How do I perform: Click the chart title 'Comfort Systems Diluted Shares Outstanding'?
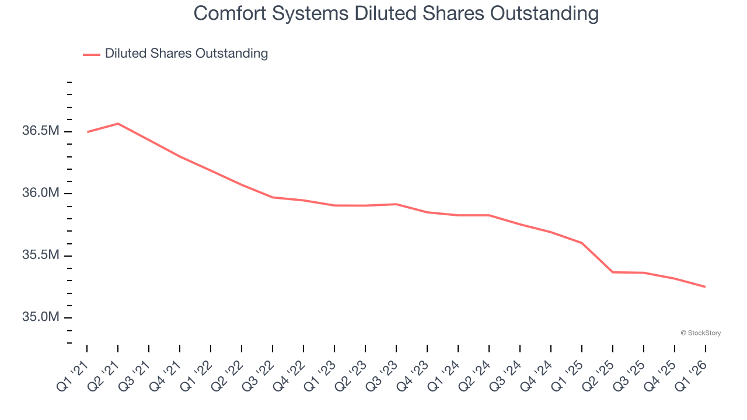[x=396, y=13]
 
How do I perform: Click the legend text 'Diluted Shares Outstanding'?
[x=186, y=54]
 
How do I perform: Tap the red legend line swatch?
[x=92, y=54]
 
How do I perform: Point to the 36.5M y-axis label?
[x=41, y=131]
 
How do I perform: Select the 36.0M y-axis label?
[x=41, y=193]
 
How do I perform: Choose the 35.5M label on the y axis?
[x=41, y=256]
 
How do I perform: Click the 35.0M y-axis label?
[x=41, y=317]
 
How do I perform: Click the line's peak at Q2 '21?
[x=118, y=124]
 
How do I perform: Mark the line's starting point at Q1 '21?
[x=87, y=132]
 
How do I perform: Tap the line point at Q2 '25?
[x=613, y=272]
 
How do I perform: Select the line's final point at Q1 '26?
[x=706, y=286]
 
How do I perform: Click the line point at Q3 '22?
[x=273, y=197]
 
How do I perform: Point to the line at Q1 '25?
[x=582, y=243]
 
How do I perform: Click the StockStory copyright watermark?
[x=700, y=333]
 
